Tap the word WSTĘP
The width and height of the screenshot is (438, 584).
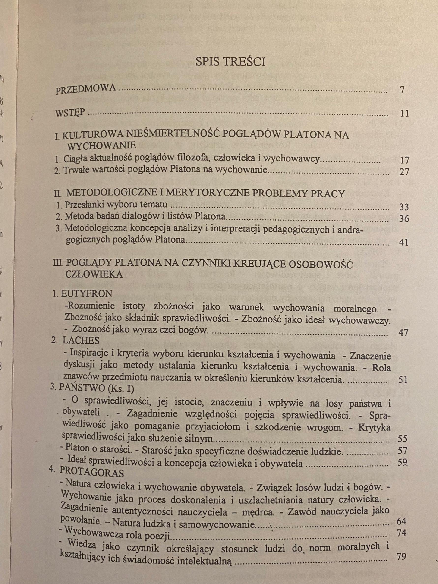(70, 113)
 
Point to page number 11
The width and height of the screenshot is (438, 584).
(404, 114)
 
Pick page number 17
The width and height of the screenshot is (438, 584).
(404, 160)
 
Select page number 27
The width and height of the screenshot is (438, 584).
(404, 172)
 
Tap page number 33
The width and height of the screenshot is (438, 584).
(404, 207)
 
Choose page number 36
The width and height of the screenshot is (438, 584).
(404, 219)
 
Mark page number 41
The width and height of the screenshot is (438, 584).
(404, 242)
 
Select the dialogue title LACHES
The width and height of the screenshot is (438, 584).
(81, 341)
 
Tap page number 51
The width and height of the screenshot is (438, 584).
(403, 380)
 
